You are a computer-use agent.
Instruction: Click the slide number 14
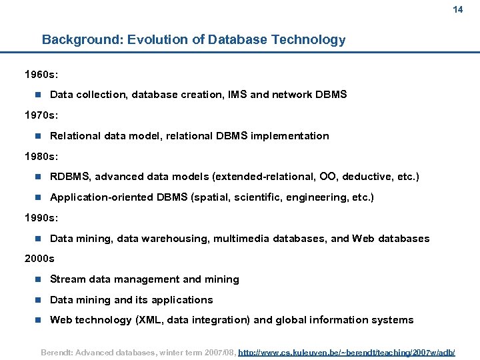click(457, 10)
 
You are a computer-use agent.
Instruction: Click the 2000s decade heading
click(39, 259)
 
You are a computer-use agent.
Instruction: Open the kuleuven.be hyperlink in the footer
click(347, 351)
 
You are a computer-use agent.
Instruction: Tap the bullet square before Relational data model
click(38, 136)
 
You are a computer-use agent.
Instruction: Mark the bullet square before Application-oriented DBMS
click(38, 197)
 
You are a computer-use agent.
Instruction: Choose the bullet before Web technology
click(38, 320)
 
